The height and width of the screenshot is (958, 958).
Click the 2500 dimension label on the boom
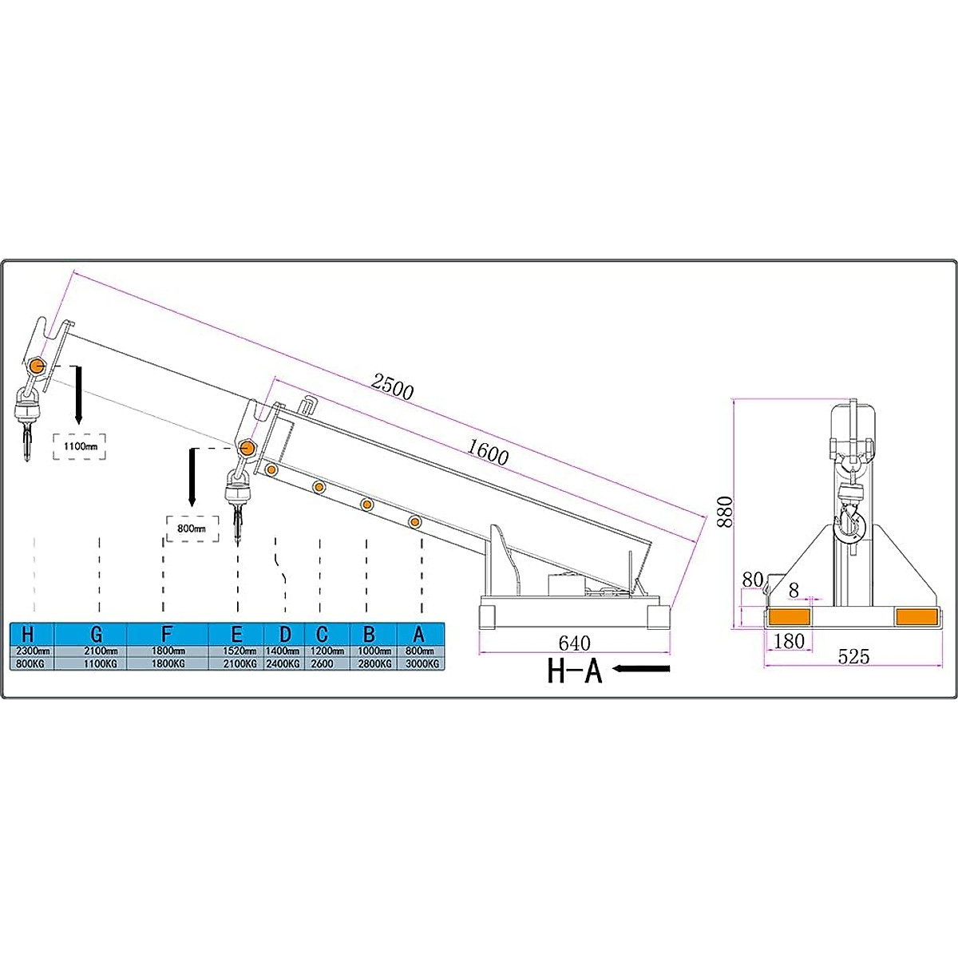[x=392, y=386]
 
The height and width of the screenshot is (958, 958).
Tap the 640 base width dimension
[x=574, y=643]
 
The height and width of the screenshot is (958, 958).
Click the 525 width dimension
[x=853, y=656]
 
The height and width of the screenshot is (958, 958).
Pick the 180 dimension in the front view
[x=789, y=640]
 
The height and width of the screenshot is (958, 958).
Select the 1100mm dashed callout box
[x=80, y=446]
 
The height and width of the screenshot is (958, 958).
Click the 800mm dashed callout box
[x=192, y=528]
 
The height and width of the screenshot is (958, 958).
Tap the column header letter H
[x=28, y=635]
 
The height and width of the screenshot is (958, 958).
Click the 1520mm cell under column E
[x=236, y=651]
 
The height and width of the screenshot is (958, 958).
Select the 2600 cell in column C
[x=322, y=663]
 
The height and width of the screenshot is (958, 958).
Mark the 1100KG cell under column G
[x=96, y=663]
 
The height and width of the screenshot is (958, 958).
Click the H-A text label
[x=574, y=671]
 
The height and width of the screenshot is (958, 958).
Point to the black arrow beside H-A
[x=642, y=669]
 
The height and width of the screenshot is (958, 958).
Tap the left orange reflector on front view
[x=788, y=616]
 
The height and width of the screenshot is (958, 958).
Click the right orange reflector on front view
[x=916, y=616]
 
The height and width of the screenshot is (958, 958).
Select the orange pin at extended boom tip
[x=36, y=366]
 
